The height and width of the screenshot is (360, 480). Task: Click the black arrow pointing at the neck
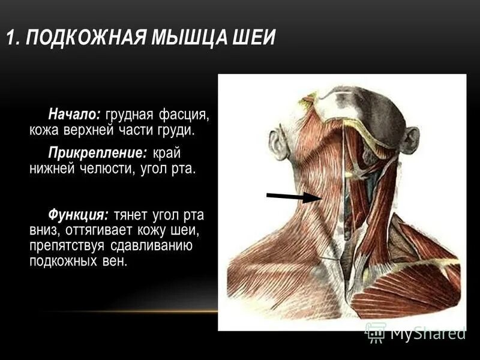tap(293, 197)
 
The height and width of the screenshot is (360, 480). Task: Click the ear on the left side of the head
tap(278, 144)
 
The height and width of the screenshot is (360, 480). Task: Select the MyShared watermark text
tap(428, 332)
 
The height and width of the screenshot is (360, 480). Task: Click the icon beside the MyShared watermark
tap(376, 332)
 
